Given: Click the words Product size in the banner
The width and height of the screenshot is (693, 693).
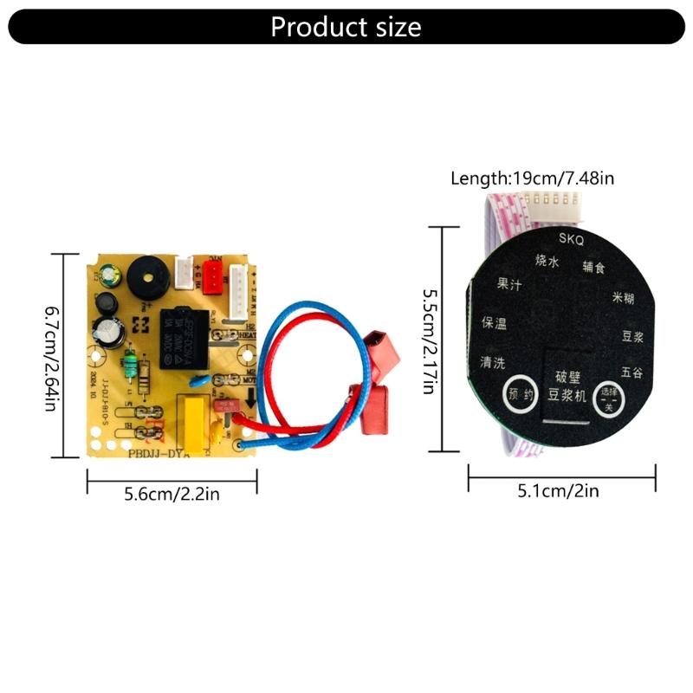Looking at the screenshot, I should (x=346, y=27).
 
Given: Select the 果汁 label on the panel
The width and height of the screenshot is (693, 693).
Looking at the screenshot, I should (x=508, y=284).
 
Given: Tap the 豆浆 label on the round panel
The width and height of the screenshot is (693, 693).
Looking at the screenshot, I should (x=632, y=337).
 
